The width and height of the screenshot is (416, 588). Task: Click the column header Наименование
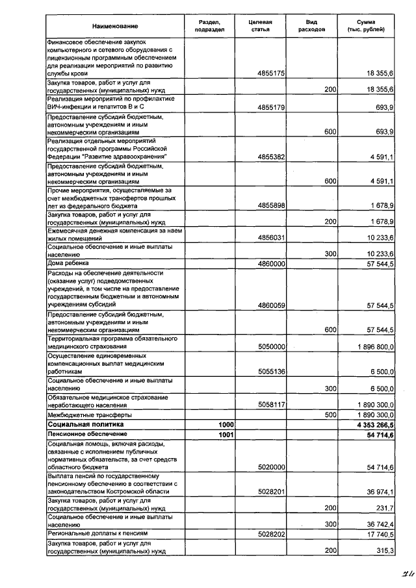(115, 26)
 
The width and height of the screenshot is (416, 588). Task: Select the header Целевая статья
(260, 26)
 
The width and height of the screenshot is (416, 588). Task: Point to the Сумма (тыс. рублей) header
(367, 26)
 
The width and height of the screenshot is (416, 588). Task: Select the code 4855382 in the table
(272, 157)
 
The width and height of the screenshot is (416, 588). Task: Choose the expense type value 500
(330, 414)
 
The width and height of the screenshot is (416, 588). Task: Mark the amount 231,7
(383, 508)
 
